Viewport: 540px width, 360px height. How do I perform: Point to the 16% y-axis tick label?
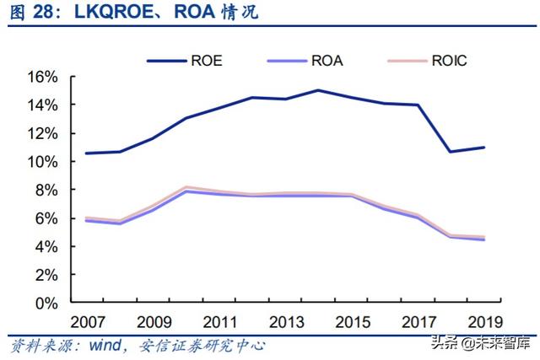[x=42, y=77]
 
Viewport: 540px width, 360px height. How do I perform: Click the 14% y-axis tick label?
[x=42, y=105]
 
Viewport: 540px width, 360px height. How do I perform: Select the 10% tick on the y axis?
[x=42, y=161]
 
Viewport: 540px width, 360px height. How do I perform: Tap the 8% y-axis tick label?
[x=46, y=190]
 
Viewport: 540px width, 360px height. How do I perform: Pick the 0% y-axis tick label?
[x=46, y=303]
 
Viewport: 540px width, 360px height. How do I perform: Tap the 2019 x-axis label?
[x=483, y=321]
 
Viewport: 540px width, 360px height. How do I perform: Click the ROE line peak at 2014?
[x=317, y=90]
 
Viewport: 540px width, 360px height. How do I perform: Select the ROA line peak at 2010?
[x=186, y=191]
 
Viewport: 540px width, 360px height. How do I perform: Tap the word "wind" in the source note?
[x=100, y=345]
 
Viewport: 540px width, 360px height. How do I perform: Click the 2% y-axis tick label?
[x=46, y=275]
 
